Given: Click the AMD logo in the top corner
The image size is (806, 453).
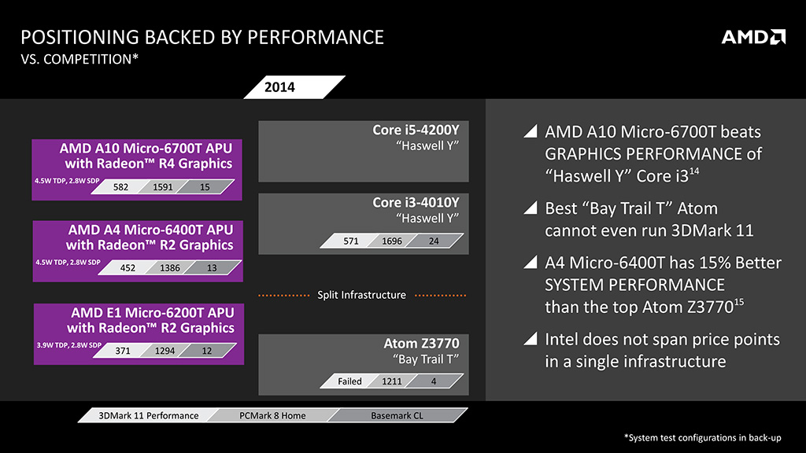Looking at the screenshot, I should click(x=753, y=37).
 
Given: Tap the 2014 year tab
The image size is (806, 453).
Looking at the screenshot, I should click(x=279, y=87).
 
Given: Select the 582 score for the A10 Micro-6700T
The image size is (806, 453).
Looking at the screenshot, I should click(x=120, y=187).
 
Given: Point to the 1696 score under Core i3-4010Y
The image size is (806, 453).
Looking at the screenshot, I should click(x=391, y=241).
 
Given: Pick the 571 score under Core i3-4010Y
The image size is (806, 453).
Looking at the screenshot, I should click(x=351, y=241).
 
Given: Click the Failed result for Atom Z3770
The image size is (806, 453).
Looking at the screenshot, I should click(x=349, y=381).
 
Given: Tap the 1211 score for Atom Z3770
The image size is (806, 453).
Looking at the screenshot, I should click(x=391, y=381).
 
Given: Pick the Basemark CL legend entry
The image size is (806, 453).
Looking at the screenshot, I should click(x=397, y=415).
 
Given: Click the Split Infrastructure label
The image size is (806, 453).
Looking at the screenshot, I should click(x=361, y=295).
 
